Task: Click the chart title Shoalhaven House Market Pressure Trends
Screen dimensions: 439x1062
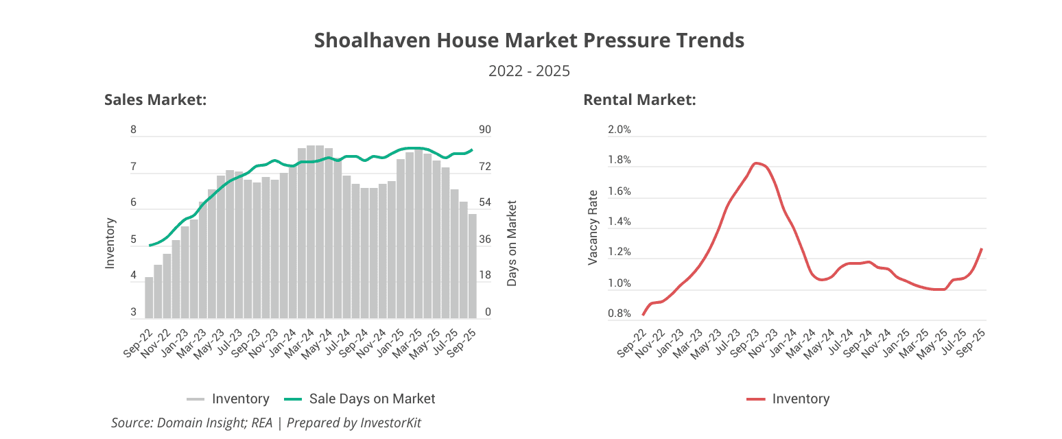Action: pyautogui.click(x=529, y=40)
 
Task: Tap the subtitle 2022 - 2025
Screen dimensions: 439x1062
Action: pyautogui.click(x=529, y=71)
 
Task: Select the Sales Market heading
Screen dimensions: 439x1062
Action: pyautogui.click(x=156, y=100)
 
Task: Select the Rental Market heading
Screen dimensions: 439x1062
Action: pyautogui.click(x=639, y=100)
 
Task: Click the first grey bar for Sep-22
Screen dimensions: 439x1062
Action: pyautogui.click(x=149, y=298)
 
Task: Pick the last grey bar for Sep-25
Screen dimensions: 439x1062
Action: pyautogui.click(x=472, y=266)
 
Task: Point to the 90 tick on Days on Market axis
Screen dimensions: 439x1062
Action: pyautogui.click(x=485, y=130)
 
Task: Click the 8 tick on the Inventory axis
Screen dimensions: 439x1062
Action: pyautogui.click(x=134, y=130)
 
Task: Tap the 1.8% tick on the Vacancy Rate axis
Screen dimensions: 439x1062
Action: pyautogui.click(x=619, y=161)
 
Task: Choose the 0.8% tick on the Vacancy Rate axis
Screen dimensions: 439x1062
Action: pyautogui.click(x=619, y=313)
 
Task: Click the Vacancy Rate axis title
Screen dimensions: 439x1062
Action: pyautogui.click(x=594, y=228)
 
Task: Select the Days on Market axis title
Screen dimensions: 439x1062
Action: pyautogui.click(x=512, y=244)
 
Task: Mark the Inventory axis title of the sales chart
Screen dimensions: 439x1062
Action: pyautogui.click(x=110, y=244)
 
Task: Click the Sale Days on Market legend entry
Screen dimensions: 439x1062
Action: pyautogui.click(x=372, y=399)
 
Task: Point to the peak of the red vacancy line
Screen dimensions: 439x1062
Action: pyautogui.click(x=755, y=163)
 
